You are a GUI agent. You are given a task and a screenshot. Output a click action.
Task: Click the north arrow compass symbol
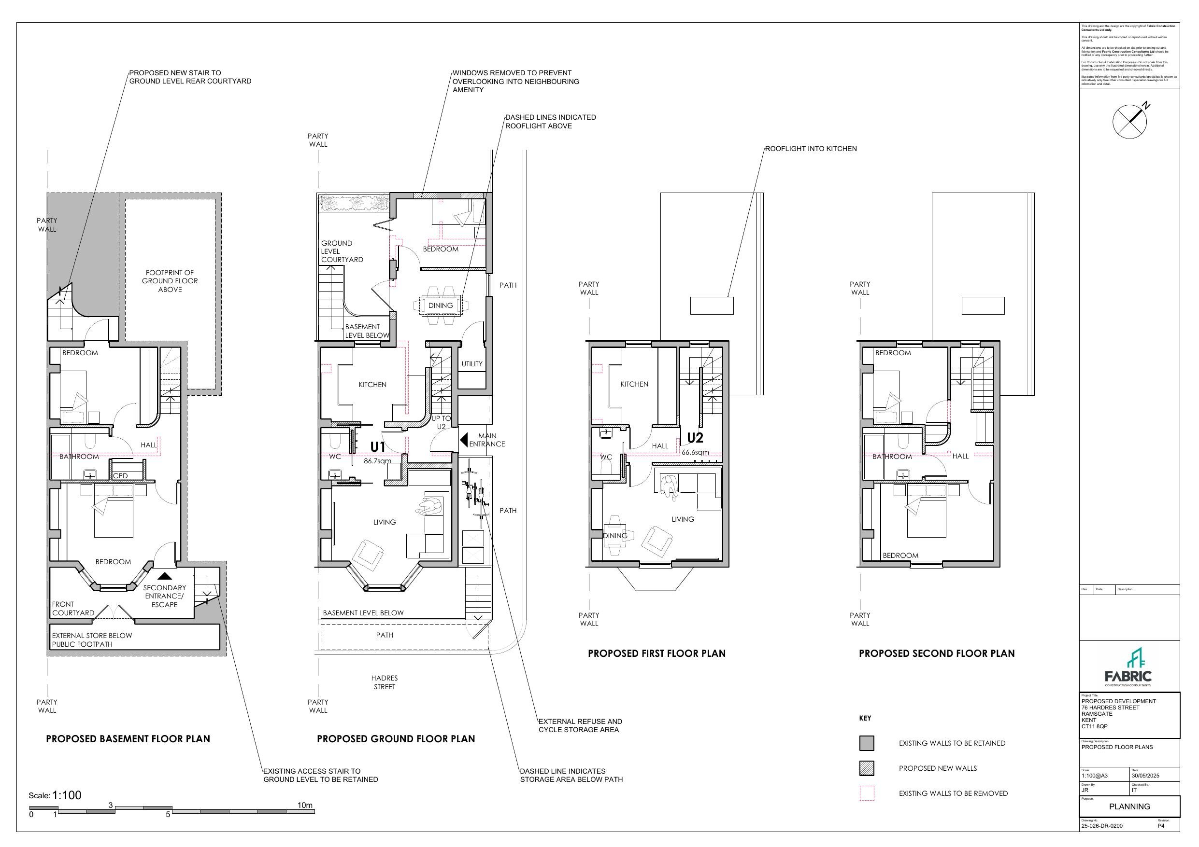[x=1129, y=122]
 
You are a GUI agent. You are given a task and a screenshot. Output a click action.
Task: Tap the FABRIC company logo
[x=1128, y=668]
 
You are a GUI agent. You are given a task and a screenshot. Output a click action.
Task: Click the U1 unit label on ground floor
[x=378, y=447]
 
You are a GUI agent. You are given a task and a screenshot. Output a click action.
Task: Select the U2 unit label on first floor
[x=695, y=437]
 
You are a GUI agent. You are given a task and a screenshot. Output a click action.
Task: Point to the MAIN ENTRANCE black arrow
[x=463, y=440]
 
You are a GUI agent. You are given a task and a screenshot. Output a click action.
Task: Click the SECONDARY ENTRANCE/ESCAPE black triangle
[x=165, y=576]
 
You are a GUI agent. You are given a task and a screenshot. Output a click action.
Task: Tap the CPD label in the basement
[x=120, y=475]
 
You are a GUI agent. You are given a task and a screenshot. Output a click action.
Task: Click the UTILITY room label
[x=471, y=364]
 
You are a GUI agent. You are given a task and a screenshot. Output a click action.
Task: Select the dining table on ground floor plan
[x=440, y=305]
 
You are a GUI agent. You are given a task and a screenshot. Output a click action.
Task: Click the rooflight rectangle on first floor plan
[x=711, y=305]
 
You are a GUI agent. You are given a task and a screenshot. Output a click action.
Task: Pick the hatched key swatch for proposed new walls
[x=867, y=768]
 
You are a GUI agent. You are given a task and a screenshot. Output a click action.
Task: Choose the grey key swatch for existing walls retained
[x=867, y=743]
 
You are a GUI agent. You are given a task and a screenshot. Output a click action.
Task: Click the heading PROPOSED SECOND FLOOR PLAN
[x=936, y=653]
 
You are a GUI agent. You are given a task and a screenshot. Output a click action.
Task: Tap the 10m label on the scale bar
[x=305, y=805]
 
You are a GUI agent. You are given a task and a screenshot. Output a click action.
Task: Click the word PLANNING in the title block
[x=1129, y=806]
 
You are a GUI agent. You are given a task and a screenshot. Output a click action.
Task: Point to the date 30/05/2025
[x=1145, y=776]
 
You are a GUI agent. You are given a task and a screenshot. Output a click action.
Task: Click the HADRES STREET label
[x=385, y=682]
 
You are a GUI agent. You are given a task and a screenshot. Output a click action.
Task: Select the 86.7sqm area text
[x=377, y=461]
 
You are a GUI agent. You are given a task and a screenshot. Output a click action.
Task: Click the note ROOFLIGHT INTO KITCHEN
[x=811, y=149]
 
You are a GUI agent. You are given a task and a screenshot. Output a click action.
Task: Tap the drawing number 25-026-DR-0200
[x=1102, y=826]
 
